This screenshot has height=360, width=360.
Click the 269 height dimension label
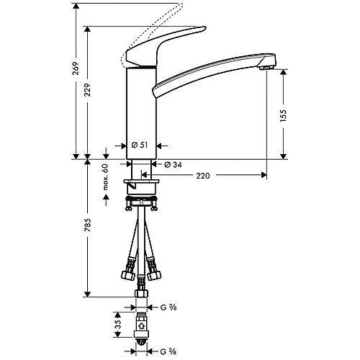click(76, 68)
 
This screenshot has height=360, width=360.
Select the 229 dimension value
click(88, 90)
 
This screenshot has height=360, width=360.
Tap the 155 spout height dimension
click(284, 116)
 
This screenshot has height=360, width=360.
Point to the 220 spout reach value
click(203, 176)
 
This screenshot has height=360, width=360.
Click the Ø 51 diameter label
click(140, 145)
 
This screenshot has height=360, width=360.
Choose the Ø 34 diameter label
click(173, 165)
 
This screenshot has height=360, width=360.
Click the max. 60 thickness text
click(106, 177)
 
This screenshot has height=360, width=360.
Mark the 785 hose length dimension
click(88, 225)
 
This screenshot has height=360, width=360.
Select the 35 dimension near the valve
click(118, 325)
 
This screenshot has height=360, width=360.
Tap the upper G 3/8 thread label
click(168, 307)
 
